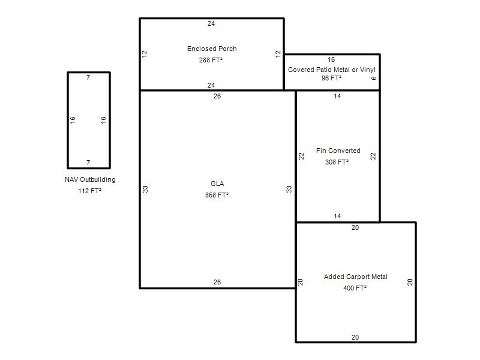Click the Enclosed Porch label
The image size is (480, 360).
(212, 49)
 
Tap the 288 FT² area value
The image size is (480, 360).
(211, 60)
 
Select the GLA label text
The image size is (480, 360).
(217, 184)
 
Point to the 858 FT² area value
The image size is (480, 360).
(217, 195)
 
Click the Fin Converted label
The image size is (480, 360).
(338, 151)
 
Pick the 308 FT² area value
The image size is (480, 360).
(337, 162)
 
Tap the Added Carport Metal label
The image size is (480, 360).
(356, 277)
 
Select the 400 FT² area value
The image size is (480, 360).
(355, 288)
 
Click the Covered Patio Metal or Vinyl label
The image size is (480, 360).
(332, 70)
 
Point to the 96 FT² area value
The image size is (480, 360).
(331, 78)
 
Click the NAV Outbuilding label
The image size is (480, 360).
(90, 179)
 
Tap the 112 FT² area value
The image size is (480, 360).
(89, 191)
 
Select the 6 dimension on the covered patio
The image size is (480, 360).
(373, 78)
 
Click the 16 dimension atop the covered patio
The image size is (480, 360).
(331, 59)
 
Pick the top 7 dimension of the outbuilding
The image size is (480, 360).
(88, 77)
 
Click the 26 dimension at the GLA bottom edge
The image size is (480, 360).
(217, 282)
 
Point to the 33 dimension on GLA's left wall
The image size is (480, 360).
(145, 189)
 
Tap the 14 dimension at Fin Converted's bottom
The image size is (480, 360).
(337, 216)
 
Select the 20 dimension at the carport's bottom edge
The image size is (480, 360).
(355, 337)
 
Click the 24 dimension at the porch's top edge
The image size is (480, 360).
(211, 23)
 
